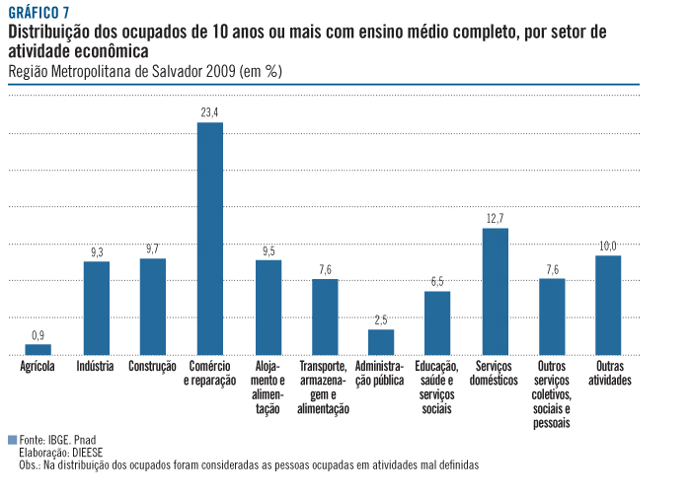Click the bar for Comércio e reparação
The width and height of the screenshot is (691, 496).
(210, 239)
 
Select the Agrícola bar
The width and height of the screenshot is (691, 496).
(38, 349)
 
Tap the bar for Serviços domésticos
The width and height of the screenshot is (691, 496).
(495, 291)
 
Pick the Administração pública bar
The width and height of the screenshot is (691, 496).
(381, 341)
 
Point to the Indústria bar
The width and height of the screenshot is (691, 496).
(96, 308)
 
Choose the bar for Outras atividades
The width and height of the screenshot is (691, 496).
(608, 305)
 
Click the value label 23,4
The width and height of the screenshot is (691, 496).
(210, 112)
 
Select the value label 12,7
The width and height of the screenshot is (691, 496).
(495, 218)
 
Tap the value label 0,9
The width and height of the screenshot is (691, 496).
(38, 334)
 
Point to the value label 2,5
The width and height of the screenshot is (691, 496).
(381, 319)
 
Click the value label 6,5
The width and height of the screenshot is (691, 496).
(437, 282)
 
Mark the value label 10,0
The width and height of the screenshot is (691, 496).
(608, 246)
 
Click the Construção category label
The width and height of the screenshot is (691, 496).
(152, 367)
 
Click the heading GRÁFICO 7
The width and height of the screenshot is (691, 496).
(40, 13)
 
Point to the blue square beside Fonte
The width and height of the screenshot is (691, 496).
(12, 440)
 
